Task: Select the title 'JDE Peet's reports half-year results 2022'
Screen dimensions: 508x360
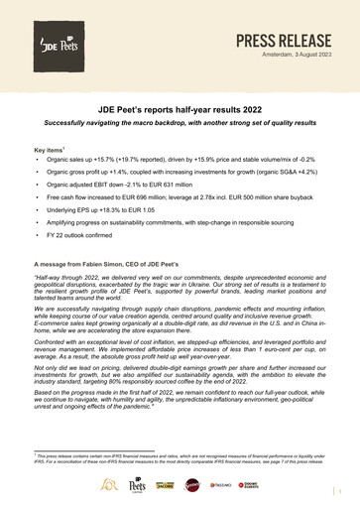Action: pyautogui.click(x=180, y=116)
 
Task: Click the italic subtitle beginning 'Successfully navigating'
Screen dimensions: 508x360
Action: pyautogui.click(x=180, y=131)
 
